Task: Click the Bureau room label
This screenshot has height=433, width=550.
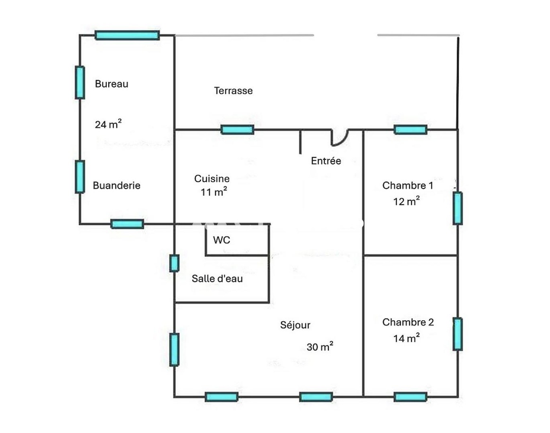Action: (x=112, y=84)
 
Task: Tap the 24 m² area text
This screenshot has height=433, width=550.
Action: (x=108, y=124)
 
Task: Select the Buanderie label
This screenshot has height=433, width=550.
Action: (x=116, y=185)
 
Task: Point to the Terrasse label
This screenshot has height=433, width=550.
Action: (x=233, y=91)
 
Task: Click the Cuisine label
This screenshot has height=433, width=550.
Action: (x=212, y=178)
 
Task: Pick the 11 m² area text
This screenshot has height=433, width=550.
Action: (x=214, y=192)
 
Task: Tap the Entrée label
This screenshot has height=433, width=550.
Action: (x=326, y=161)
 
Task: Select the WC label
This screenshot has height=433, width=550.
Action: (x=222, y=240)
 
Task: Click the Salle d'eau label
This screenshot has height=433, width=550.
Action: (x=217, y=279)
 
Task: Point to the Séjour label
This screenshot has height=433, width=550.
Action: (x=295, y=325)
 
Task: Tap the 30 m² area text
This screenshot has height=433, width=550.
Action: (x=319, y=347)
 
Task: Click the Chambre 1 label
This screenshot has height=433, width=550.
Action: (x=408, y=185)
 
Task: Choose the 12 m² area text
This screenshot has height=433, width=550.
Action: (x=406, y=201)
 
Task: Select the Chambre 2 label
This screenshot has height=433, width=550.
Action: (x=408, y=322)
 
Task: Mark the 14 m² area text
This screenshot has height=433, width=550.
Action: (x=406, y=338)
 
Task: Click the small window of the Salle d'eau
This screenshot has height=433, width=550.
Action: (x=174, y=263)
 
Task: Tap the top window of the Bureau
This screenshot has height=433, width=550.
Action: (x=127, y=35)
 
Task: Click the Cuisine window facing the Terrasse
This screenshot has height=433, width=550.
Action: (x=238, y=130)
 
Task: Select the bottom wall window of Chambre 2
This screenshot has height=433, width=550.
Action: (x=411, y=397)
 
